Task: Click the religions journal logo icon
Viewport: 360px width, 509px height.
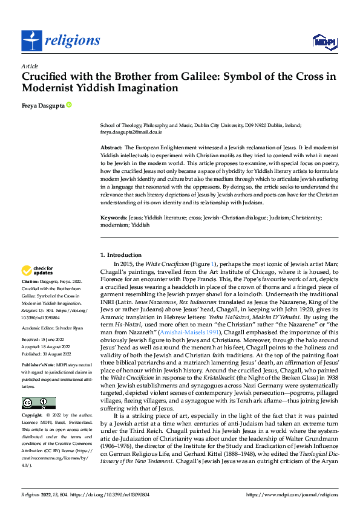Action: [x=31, y=41]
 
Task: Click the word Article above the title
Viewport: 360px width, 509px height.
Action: [x=30, y=66]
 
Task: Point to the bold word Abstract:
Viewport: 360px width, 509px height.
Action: [x=111, y=148]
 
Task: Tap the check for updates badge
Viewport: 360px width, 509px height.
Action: [x=38, y=271]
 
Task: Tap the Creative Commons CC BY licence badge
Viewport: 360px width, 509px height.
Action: [x=38, y=403]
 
